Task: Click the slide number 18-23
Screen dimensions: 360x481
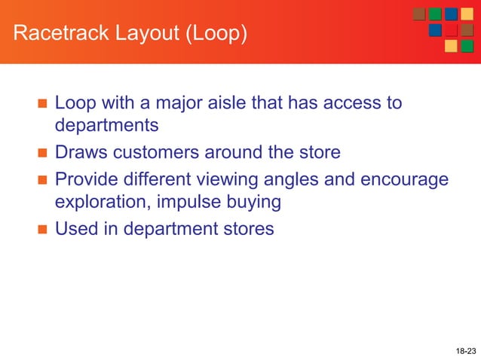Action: tap(466, 351)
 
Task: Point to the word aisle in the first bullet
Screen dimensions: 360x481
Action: tap(223, 102)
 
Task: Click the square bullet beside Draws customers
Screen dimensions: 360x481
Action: tap(41, 154)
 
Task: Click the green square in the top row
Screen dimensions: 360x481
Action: tap(435, 14)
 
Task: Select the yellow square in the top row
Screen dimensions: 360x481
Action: tap(467, 14)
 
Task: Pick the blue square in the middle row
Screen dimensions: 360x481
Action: tap(435, 30)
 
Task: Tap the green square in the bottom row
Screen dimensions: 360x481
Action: tap(467, 46)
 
